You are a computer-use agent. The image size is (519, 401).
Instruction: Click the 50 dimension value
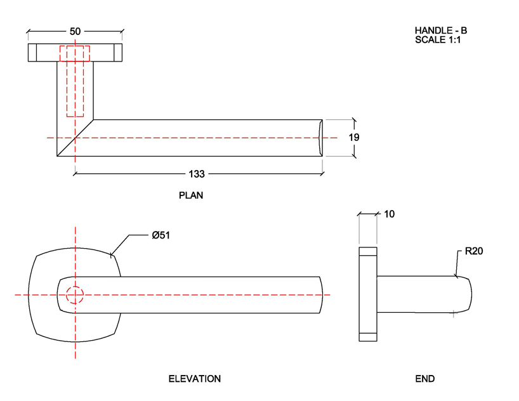pyautogui.click(x=75, y=30)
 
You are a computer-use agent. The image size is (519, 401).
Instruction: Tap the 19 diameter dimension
pyautogui.click(x=354, y=137)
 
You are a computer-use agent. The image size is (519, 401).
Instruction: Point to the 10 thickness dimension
pyautogui.click(x=389, y=214)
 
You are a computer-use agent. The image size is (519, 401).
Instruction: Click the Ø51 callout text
pyautogui.click(x=161, y=235)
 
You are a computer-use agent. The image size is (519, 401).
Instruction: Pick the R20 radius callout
pyautogui.click(x=474, y=251)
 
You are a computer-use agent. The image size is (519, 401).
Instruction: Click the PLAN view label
pyautogui.click(x=191, y=195)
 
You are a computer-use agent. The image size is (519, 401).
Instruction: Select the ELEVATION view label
pyautogui.click(x=194, y=379)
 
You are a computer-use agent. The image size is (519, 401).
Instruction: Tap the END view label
pyautogui.click(x=424, y=379)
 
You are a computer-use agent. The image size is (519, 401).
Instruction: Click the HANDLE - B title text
pyautogui.click(x=440, y=30)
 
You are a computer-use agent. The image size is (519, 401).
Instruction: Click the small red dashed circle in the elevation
pyautogui.click(x=75, y=295)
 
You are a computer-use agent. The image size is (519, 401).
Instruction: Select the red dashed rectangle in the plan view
pyautogui.click(x=75, y=81)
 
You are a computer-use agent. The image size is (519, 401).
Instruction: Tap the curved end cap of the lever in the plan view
pyautogui.click(x=320, y=137)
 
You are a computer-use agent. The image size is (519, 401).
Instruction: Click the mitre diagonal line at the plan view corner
pyautogui.click(x=76, y=136)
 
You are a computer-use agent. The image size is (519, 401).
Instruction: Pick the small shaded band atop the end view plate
pyautogui.click(x=368, y=251)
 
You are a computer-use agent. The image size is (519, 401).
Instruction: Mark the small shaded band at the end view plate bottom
pyautogui.click(x=368, y=337)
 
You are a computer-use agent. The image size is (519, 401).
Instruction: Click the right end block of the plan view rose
pyautogui.click(x=117, y=53)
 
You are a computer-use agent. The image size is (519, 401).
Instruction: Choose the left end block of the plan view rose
pyautogui.click(x=32, y=53)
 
